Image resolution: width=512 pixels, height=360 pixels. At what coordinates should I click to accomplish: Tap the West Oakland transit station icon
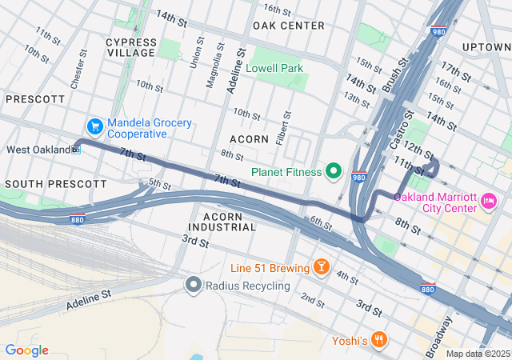(x=77, y=149)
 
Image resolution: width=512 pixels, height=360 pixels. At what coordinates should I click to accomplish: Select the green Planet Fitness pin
(x=334, y=171)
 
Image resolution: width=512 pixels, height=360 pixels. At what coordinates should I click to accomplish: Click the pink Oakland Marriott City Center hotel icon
(x=488, y=199)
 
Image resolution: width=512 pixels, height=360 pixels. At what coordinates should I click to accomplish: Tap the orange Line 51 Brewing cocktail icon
(x=321, y=266)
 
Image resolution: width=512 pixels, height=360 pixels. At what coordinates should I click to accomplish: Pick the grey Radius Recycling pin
(x=193, y=284)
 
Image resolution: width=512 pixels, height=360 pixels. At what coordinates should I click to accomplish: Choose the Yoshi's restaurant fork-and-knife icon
(x=379, y=339)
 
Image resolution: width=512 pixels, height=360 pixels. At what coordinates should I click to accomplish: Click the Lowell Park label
(x=274, y=69)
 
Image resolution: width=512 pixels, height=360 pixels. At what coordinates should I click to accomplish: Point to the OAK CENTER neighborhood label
(x=288, y=26)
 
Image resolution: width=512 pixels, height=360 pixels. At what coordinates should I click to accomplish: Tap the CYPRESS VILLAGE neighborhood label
(x=130, y=46)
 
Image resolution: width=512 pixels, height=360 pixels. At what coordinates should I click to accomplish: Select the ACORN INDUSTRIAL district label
(x=230, y=222)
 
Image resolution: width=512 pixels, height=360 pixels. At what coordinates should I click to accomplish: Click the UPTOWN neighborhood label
(x=486, y=47)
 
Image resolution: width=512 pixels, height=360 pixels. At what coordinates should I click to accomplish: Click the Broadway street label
(x=439, y=336)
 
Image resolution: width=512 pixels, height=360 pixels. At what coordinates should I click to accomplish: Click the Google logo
(x=26, y=350)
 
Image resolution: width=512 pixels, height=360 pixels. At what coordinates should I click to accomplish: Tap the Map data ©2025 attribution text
(x=477, y=354)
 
